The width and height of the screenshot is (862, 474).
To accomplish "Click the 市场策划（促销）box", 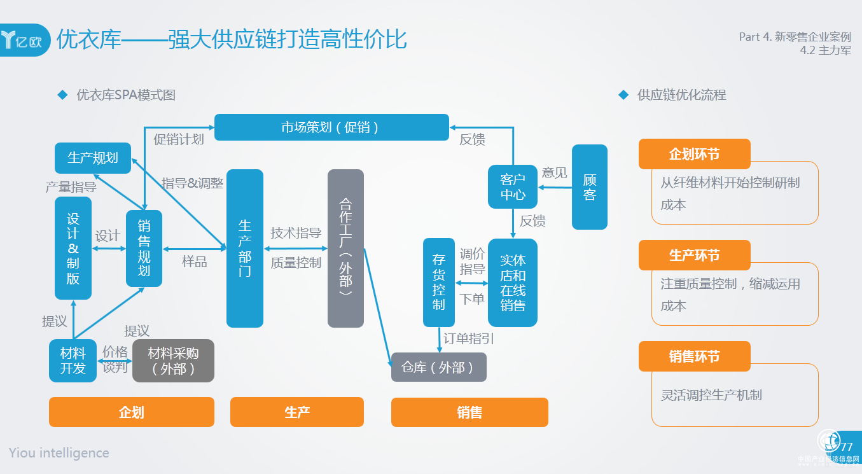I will (x=331, y=127).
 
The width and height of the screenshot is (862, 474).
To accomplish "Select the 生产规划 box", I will (x=93, y=158).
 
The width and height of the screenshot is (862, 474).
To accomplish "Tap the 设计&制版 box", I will (x=73, y=248).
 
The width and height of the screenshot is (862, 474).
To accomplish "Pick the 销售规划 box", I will (x=144, y=248).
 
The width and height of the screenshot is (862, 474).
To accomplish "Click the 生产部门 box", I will (x=245, y=248).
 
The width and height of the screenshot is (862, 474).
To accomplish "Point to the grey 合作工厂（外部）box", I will (x=345, y=248).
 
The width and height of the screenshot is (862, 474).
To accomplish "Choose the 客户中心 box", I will (x=513, y=187).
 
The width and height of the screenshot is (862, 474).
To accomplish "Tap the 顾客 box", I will (x=590, y=187).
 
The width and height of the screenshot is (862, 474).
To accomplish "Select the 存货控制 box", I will (x=439, y=282).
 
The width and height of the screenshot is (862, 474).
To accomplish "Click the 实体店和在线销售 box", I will (x=513, y=282).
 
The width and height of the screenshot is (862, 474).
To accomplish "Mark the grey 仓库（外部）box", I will (x=439, y=367).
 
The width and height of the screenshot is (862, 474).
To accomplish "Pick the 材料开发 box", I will (x=73, y=361).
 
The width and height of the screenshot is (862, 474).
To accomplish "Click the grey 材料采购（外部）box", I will (x=173, y=361).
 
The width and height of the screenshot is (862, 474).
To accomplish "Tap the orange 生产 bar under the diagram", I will (x=297, y=412).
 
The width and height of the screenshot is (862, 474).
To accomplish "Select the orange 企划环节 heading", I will (x=695, y=154).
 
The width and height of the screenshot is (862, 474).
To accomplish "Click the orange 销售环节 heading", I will (x=695, y=356).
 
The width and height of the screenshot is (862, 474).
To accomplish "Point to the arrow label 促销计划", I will (x=179, y=139).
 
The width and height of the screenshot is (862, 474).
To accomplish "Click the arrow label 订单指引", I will (x=469, y=338).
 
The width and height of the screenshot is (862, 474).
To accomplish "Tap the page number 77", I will (x=847, y=447).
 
